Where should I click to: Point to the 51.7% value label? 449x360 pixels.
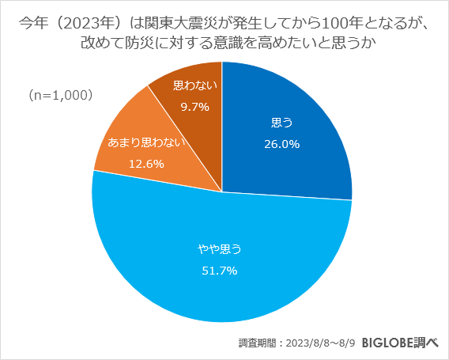click(x=219, y=270)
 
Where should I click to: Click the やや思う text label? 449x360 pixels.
click(x=219, y=248)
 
